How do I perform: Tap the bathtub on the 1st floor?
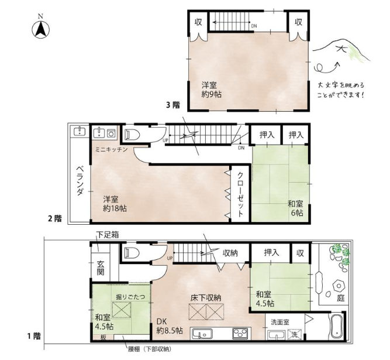336,327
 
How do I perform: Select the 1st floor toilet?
132,253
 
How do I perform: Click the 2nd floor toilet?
132,135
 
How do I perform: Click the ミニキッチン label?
112,149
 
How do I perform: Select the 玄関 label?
101,268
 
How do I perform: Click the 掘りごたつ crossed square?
122,310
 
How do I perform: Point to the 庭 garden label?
341,297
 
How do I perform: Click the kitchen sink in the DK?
202,334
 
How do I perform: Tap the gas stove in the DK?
240,334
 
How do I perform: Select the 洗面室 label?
280,322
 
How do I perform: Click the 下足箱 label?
108,235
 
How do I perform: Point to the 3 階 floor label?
173,105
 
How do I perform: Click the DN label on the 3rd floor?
254,26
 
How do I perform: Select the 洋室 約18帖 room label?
115,204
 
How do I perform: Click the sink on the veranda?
80,131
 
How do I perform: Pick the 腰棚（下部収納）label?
150,349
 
